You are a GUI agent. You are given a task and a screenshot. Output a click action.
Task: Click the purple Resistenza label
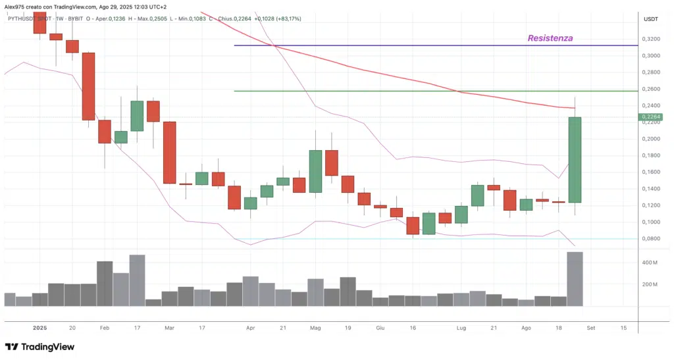tap(550, 38)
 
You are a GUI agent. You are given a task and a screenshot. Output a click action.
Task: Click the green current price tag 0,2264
tap(649, 117)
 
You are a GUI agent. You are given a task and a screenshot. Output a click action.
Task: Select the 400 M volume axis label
tap(650, 263)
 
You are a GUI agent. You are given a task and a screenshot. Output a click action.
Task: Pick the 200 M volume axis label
tap(650, 284)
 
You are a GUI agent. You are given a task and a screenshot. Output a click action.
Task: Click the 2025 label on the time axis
tap(39, 327)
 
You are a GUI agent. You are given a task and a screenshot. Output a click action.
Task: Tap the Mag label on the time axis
tap(315, 327)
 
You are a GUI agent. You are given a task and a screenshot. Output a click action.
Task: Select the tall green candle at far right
tap(575, 159)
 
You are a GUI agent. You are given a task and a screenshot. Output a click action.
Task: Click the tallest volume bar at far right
tap(575, 279)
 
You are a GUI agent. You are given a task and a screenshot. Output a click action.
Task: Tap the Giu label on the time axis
tap(380, 327)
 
